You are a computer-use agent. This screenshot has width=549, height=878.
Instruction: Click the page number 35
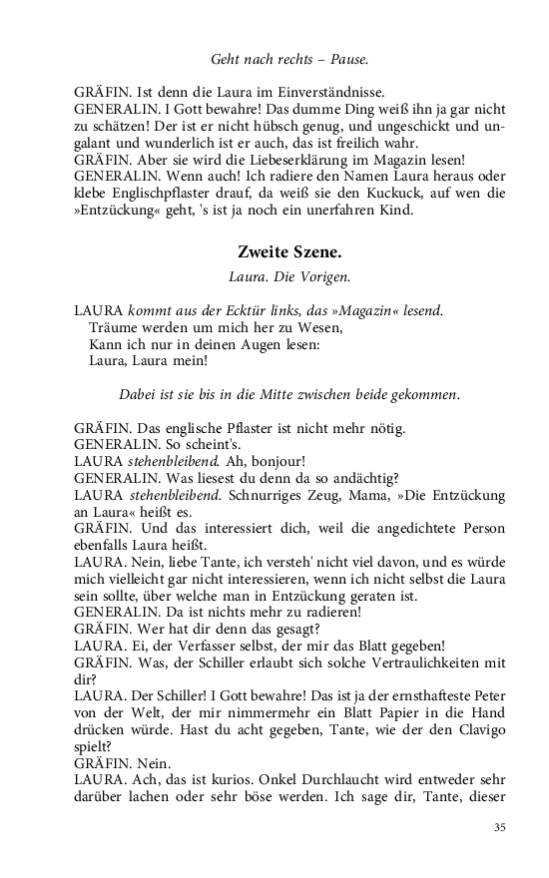[x=500, y=827]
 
